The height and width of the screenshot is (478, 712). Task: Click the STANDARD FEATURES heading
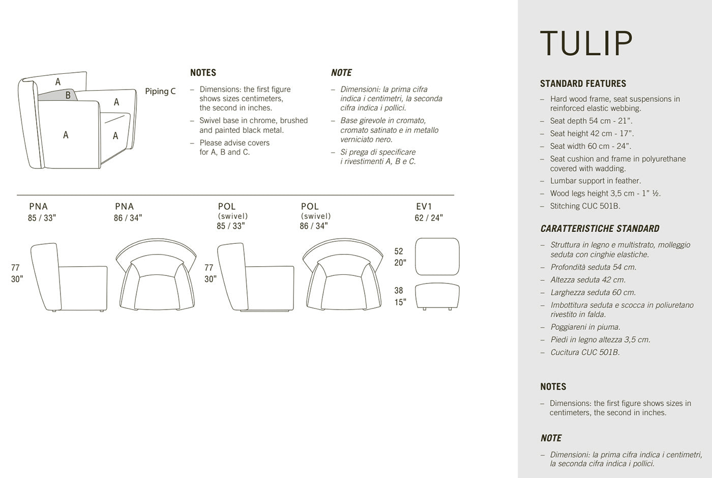[583, 83]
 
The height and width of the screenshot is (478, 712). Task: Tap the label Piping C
[160, 92]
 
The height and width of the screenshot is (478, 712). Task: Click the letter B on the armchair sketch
[68, 95]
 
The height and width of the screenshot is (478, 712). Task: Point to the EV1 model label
[424, 207]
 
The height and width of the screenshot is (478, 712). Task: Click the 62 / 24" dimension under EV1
[429, 218]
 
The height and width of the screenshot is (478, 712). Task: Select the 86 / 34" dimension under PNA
[128, 218]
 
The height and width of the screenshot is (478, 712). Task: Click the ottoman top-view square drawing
[437, 257]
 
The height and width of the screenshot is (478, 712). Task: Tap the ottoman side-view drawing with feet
[437, 296]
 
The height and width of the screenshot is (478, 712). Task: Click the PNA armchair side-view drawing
[69, 277]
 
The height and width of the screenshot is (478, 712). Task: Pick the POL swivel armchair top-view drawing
[342, 274]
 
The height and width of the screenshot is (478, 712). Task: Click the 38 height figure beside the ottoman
[399, 291]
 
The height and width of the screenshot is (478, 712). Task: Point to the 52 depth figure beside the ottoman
[399, 251]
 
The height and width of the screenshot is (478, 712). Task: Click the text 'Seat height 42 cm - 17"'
[591, 133]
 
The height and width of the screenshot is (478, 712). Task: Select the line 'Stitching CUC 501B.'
[585, 206]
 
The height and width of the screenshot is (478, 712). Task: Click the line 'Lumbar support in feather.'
[595, 181]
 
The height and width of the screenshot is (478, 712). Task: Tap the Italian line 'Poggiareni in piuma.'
[585, 327]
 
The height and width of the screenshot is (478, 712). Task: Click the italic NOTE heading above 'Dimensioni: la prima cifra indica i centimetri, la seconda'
[551, 438]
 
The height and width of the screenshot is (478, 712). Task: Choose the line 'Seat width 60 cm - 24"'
[590, 146]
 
